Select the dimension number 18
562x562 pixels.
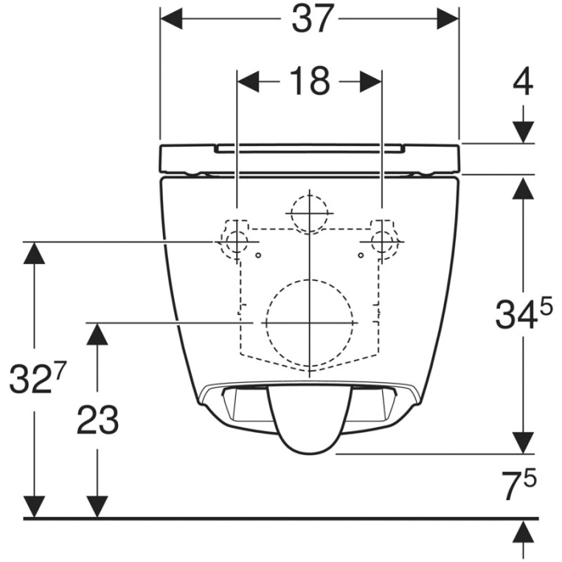pos(308,80)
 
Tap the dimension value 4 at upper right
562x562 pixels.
pos(523,83)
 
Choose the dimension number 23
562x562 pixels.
pos(97,419)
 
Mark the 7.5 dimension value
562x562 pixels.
pos(517,487)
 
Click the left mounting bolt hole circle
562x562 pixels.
pos(236,241)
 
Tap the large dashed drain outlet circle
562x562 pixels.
pos(309,320)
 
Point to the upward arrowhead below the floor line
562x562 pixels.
pos(523,531)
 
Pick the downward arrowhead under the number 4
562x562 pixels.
pos(523,132)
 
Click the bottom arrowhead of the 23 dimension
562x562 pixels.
pos(97,506)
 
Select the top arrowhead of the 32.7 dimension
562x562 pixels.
pos(34,253)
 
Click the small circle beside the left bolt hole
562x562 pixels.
pos(258,255)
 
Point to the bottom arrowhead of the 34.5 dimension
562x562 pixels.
pos(523,442)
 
